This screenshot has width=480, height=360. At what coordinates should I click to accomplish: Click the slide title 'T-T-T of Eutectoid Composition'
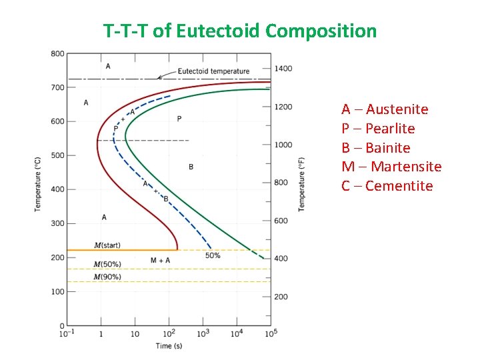[x=240, y=31]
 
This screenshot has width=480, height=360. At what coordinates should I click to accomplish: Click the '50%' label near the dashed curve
[x=213, y=255]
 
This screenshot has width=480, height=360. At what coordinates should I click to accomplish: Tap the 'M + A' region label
[x=160, y=260]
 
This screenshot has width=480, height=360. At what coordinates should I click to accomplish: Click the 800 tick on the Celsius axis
[x=57, y=53]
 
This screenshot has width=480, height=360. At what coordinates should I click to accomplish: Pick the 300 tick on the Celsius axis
[x=57, y=223]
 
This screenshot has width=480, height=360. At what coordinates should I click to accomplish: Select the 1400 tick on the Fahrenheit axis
[x=283, y=69]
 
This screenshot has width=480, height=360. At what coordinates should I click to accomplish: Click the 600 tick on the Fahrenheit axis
[x=281, y=221]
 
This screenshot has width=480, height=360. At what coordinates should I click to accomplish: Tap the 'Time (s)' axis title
[x=169, y=346]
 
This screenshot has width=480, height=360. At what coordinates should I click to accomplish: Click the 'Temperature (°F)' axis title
[x=302, y=185]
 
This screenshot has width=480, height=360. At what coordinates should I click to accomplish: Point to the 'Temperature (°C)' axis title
[x=38, y=185]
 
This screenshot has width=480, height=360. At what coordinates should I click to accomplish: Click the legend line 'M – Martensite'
[x=391, y=167]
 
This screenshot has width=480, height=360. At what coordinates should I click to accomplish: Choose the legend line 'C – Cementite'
[x=387, y=186]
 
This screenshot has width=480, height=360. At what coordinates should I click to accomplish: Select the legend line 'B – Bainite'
[x=375, y=147]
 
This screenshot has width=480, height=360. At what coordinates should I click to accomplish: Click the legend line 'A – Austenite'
[x=385, y=109]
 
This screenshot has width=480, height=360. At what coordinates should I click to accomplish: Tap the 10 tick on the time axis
[x=135, y=333]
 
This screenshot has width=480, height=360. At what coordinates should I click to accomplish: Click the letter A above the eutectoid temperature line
[x=108, y=66]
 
